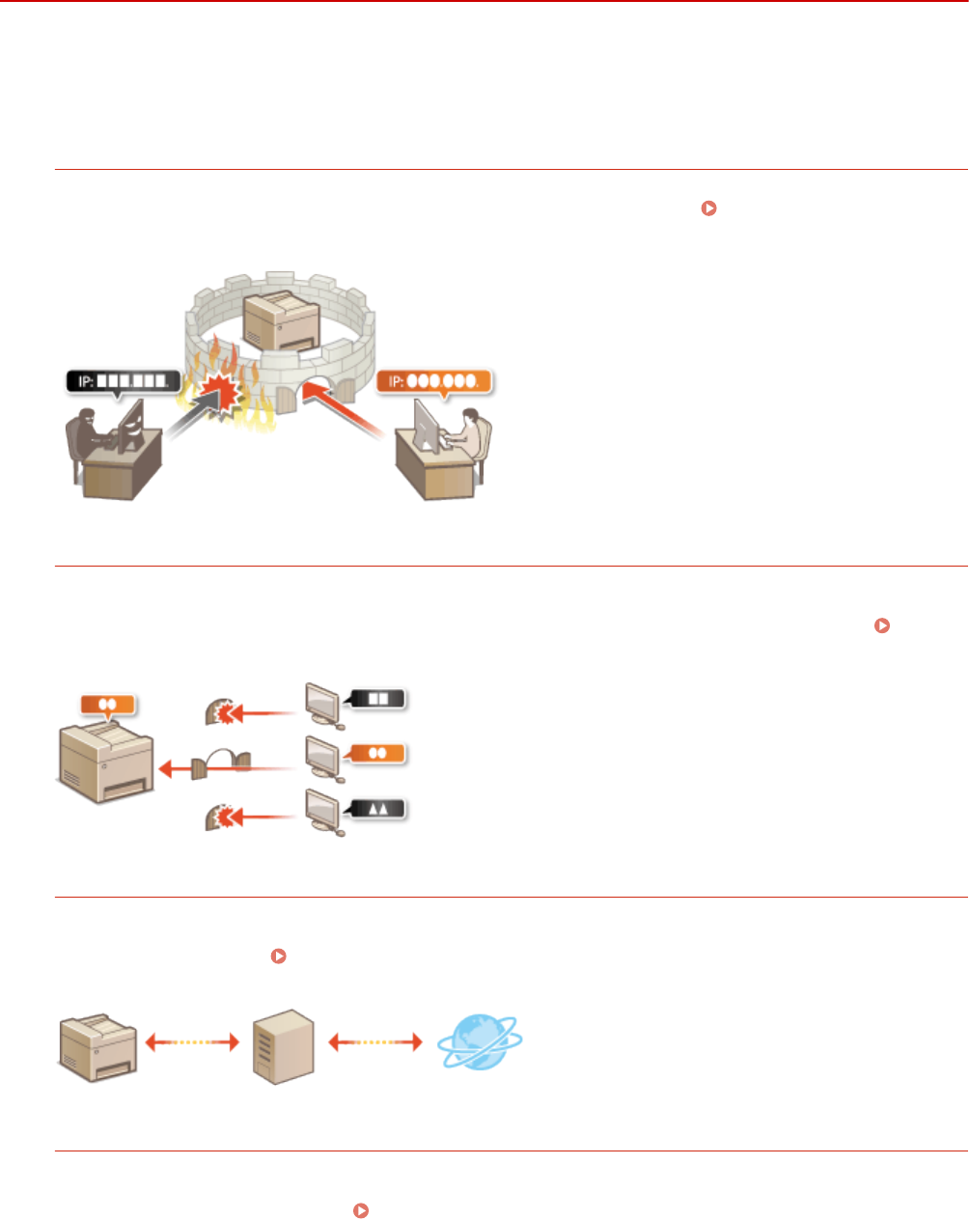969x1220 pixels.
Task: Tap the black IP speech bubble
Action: coord(124,381)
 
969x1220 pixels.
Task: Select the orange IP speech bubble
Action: coord(434,380)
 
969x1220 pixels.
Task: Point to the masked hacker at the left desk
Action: coord(93,433)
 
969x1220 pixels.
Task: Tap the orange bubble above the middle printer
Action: coord(107,705)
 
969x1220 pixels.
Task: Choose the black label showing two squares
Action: coord(378,698)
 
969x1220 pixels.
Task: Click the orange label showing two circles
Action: coord(378,753)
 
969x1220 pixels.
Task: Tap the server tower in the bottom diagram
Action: coord(283,1045)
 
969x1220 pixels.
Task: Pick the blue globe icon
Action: coord(479,1043)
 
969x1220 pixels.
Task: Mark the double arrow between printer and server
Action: coord(192,1042)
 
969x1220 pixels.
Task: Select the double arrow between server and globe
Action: coord(376,1042)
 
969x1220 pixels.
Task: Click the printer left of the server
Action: coord(97,1046)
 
